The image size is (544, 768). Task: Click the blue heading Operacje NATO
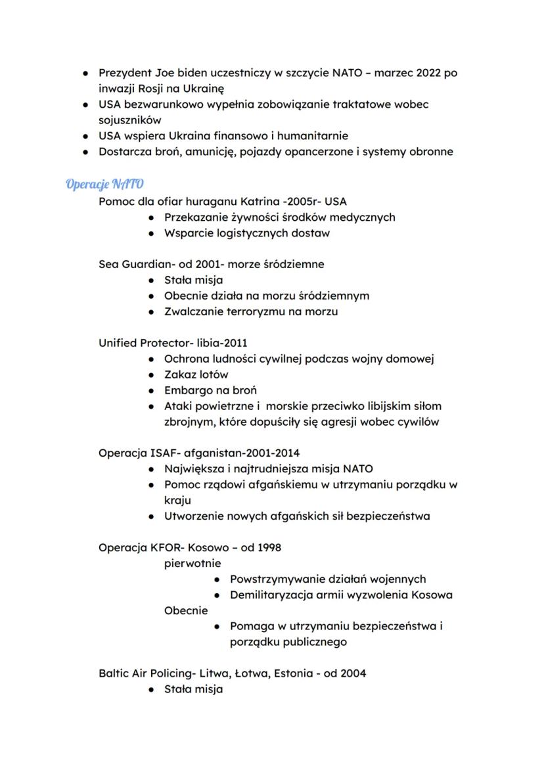point(104,183)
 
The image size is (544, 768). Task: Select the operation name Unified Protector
point(136,343)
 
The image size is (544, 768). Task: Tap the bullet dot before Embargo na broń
point(151,390)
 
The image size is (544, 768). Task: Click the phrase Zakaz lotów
point(196,374)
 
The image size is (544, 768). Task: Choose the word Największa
point(194,469)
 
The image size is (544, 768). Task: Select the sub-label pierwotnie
point(193,563)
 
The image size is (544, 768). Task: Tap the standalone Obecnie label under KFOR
point(186,610)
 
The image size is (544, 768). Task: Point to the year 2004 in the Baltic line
point(353,673)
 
